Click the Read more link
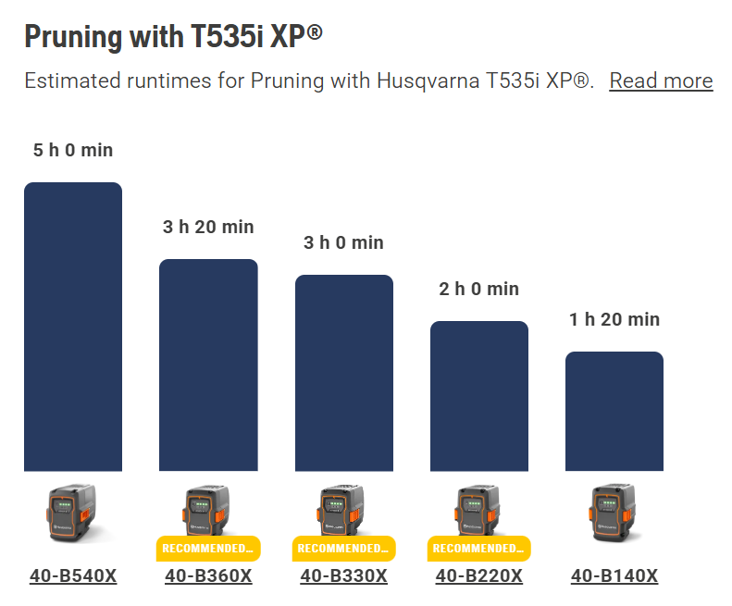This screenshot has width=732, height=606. (661, 80)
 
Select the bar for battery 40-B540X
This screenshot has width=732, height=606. (73, 327)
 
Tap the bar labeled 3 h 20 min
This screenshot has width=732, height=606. (208, 365)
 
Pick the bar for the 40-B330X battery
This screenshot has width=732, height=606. (344, 373)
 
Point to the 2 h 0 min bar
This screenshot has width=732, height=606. (479, 396)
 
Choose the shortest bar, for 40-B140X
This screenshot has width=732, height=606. (614, 411)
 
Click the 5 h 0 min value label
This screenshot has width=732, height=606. (73, 150)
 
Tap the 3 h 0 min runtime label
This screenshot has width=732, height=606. (343, 242)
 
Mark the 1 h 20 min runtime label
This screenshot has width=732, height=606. (614, 320)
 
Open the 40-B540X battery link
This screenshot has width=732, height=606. (73, 575)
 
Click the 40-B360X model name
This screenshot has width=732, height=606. (208, 575)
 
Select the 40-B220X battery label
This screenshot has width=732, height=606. (479, 575)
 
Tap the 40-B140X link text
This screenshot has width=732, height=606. (614, 575)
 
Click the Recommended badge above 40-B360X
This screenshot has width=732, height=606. (208, 548)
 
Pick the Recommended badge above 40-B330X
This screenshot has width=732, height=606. (344, 548)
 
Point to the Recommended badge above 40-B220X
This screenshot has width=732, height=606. (479, 548)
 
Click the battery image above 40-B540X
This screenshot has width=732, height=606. (73, 513)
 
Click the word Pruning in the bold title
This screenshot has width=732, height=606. (73, 37)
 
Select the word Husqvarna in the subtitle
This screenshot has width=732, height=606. (428, 80)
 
